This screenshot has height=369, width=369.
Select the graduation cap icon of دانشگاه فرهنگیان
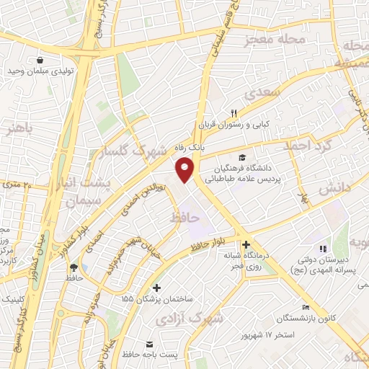(x=243, y=156)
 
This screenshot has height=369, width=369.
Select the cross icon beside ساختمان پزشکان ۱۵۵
(x=157, y=288)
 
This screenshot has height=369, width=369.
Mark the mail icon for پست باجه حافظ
(x=150, y=343)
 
